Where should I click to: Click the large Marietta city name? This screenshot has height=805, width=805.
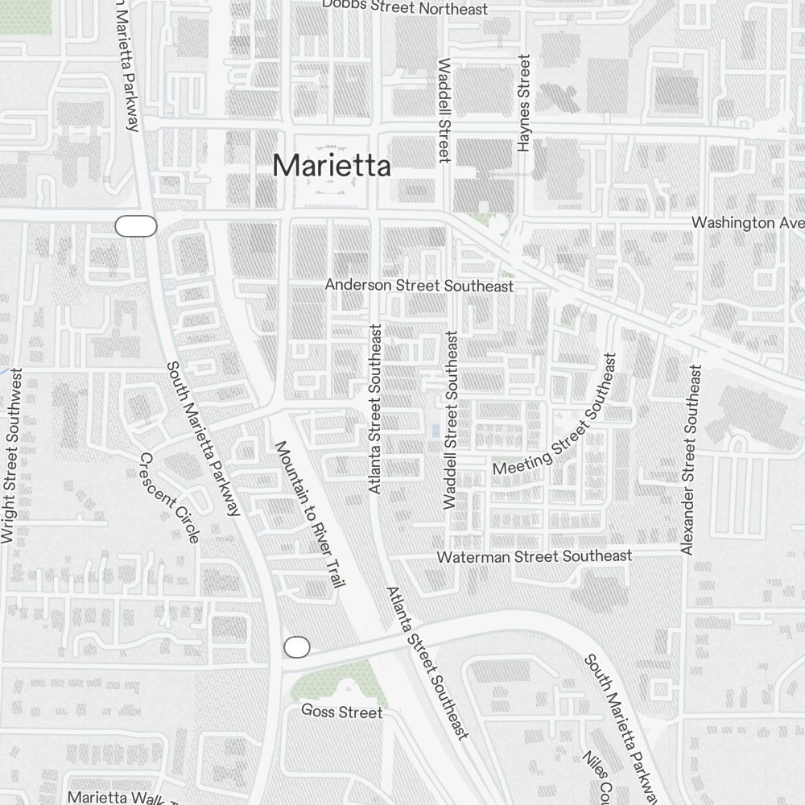pos(332,166)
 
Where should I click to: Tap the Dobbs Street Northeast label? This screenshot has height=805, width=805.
pos(404,7)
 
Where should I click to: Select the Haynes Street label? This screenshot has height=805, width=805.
pos(524,103)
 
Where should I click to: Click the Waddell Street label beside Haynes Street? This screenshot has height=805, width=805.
pos(443,110)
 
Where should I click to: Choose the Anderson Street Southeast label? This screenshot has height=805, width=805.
pos(419,286)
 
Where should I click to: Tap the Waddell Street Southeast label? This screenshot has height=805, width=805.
pos(451,419)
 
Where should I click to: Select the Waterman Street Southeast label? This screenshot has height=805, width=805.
pos(534,556)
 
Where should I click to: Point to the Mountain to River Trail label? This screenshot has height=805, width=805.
pos(310,514)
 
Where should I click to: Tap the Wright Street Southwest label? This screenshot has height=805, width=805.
pos(12,456)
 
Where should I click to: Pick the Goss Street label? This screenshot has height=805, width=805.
pos(341,712)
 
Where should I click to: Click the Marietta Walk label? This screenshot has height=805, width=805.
pos(118,798)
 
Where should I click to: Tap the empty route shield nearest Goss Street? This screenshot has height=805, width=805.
pos(297,646)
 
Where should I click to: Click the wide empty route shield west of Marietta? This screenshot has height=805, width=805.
pos(136,226)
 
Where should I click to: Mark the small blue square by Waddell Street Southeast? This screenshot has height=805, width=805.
pos(436,431)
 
